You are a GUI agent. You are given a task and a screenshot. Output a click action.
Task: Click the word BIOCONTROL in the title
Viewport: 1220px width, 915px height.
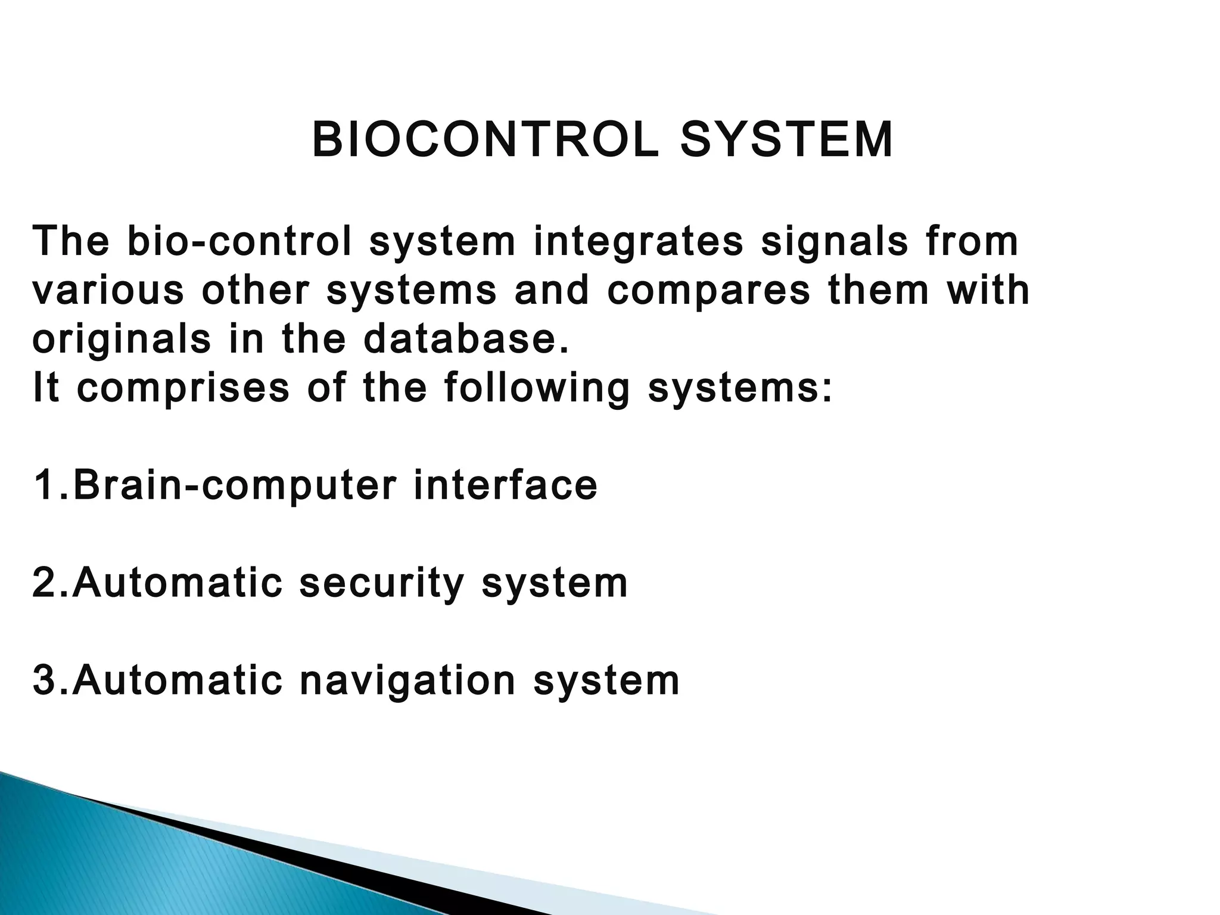[485, 141]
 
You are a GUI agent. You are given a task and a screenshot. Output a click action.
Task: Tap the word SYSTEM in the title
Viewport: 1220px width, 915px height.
[786, 141]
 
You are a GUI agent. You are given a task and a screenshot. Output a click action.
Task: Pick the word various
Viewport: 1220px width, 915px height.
[108, 291]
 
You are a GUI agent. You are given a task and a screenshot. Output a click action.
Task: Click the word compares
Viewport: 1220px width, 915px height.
[709, 291]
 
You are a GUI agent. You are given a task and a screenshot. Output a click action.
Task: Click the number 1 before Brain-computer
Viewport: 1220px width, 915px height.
[45, 485]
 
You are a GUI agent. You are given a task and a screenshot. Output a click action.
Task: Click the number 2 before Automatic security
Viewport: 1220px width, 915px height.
[45, 583]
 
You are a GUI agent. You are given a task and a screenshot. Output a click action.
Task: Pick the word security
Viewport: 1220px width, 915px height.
[381, 584]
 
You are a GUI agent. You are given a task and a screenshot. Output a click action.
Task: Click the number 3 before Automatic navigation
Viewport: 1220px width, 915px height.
[45, 680]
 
